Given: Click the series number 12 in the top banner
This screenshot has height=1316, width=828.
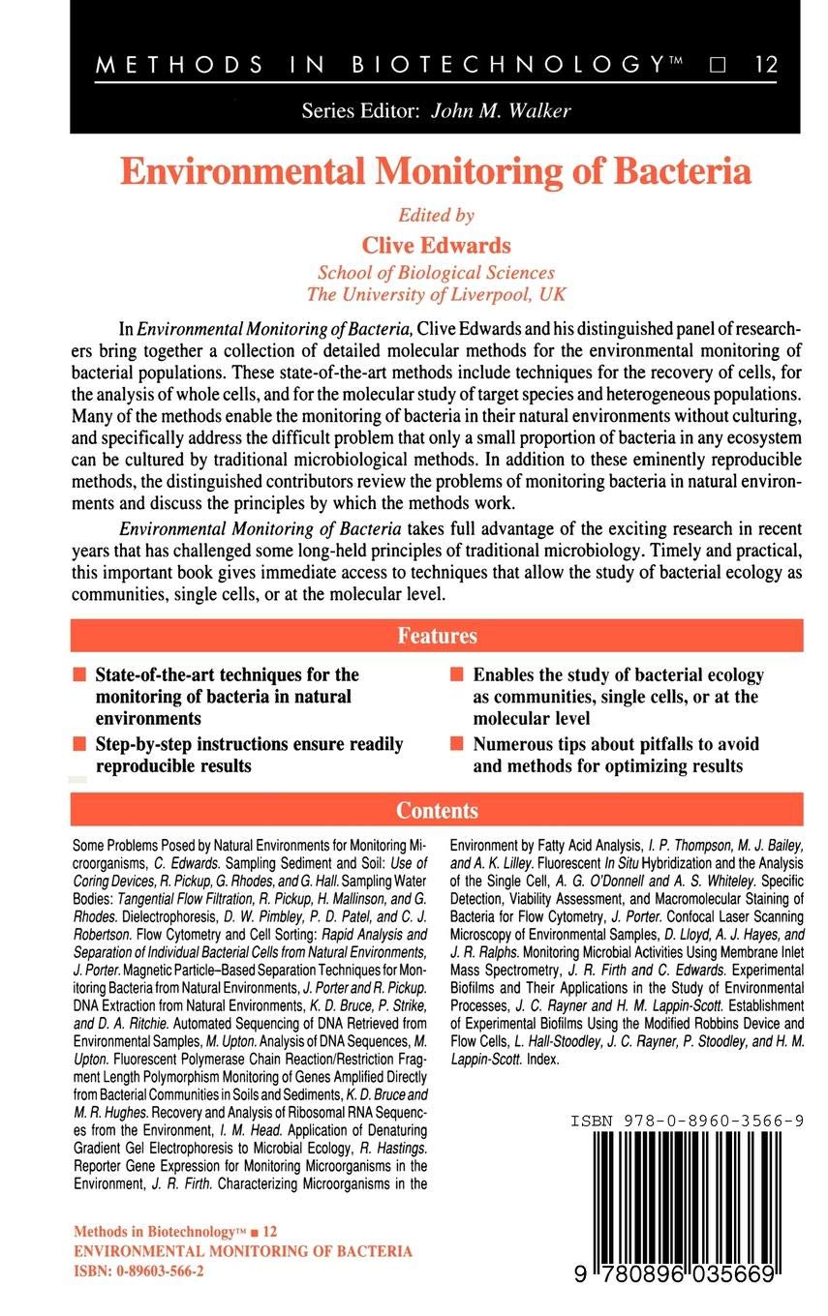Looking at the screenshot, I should pyautogui.click(x=765, y=65).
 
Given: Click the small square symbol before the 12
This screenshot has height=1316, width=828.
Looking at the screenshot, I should pyautogui.click(x=718, y=65).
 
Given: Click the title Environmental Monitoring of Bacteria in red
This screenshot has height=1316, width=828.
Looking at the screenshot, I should pyautogui.click(x=436, y=171).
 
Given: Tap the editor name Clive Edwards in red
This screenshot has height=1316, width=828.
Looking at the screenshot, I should pyautogui.click(x=436, y=245).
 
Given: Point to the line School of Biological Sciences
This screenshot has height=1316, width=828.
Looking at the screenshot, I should pyautogui.click(x=436, y=272).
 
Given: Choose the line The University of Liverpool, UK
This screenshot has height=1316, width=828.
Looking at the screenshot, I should pyautogui.click(x=436, y=293).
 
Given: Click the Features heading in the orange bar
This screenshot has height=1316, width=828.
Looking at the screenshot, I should pyautogui.click(x=437, y=636).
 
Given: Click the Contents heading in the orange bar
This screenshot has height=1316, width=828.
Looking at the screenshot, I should pyautogui.click(x=437, y=810).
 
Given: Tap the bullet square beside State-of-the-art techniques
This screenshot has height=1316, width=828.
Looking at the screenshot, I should pyautogui.click(x=78, y=674).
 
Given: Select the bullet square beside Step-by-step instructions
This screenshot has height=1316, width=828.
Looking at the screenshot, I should pyautogui.click(x=78, y=744).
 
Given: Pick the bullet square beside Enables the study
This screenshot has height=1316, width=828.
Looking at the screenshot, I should pyautogui.click(x=456, y=674).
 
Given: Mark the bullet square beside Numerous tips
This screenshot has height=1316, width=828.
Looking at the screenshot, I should pyautogui.click(x=456, y=744).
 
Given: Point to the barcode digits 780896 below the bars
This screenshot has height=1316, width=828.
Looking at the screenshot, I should pyautogui.click(x=638, y=1275).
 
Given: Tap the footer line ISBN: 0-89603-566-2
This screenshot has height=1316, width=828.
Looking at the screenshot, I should pyautogui.click(x=138, y=1271).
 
